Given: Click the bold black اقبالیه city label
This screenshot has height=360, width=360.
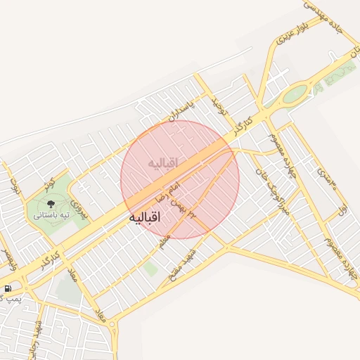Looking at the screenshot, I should pos(146,219).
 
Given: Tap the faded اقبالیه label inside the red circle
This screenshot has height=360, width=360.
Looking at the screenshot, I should pos(163,163).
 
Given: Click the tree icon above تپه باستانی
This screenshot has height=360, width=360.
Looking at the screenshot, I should pos(49,204).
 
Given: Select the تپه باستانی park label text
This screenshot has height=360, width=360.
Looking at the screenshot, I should pos(49,215).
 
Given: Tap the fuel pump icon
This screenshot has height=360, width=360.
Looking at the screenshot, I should pos(8,288).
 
